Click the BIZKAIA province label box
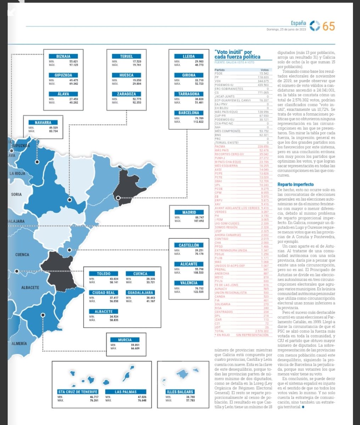coord(63,56)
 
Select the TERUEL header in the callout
coord(126,56)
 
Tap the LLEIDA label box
coord(189,56)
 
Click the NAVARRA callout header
coord(43,123)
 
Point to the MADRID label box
coord(189,212)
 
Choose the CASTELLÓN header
coord(189,245)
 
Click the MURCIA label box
coord(125,340)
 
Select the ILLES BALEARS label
coord(180,392)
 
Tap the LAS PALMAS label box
coord(126,392)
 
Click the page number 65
coord(328,26)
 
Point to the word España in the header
coord(298,23)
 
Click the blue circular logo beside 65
coord(315,25)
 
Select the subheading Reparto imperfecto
coord(295,185)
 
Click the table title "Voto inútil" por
coord(233,52)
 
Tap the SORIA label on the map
coord(16,194)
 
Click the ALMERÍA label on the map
coord(19,344)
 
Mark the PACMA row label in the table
coord(220,146)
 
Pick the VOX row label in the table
coord(218,81)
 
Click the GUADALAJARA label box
coord(140,293)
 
